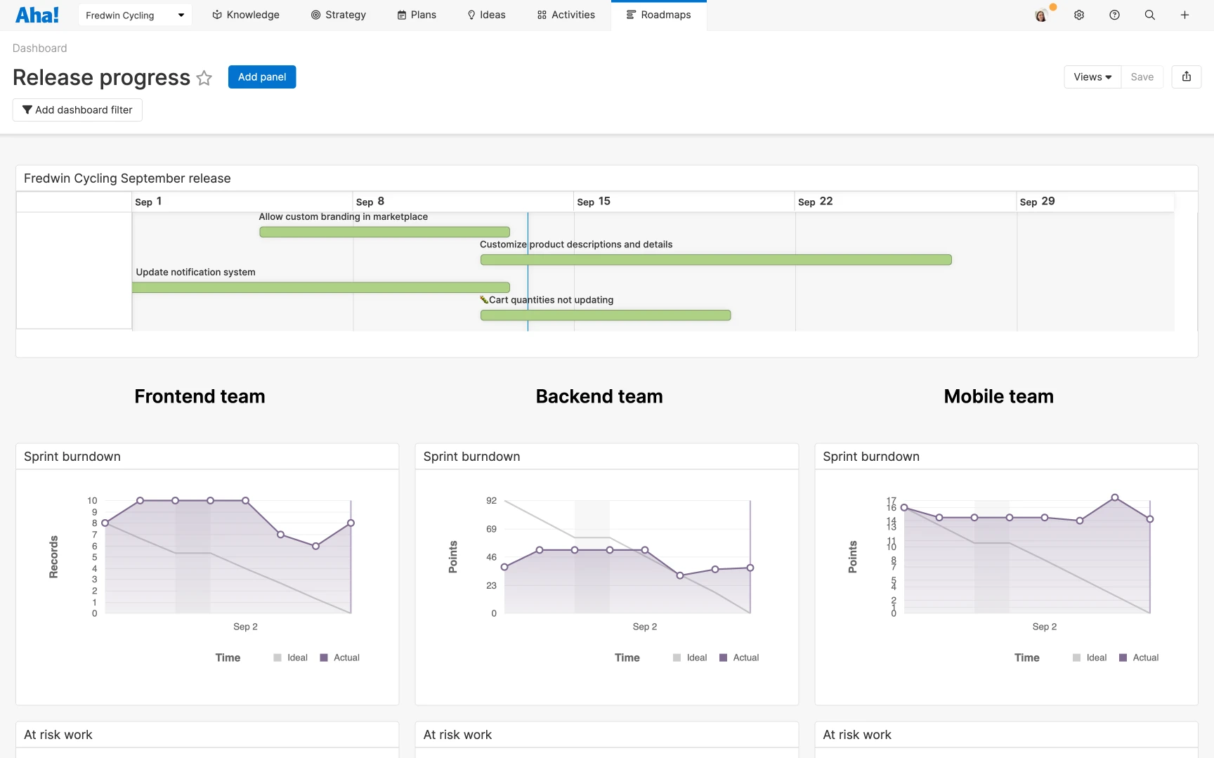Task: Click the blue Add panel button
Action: coord(261,77)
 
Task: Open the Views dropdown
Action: coord(1092,77)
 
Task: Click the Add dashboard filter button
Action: coord(77,110)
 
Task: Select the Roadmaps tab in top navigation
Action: coord(658,15)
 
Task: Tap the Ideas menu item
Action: coord(486,15)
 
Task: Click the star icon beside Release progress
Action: coord(204,78)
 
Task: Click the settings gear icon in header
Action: coord(1079,15)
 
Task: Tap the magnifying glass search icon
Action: coord(1149,15)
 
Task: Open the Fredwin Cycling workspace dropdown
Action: coord(135,15)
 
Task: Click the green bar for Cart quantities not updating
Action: coord(605,315)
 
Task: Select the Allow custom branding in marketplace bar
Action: coord(384,232)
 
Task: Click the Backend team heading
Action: coord(599,396)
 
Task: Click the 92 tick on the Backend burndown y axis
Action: coord(491,501)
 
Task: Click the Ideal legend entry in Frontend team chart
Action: coord(290,658)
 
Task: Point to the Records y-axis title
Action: coord(53,557)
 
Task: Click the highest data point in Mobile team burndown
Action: coord(1115,497)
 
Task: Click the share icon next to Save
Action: coord(1186,77)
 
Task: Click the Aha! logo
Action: coord(37,15)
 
